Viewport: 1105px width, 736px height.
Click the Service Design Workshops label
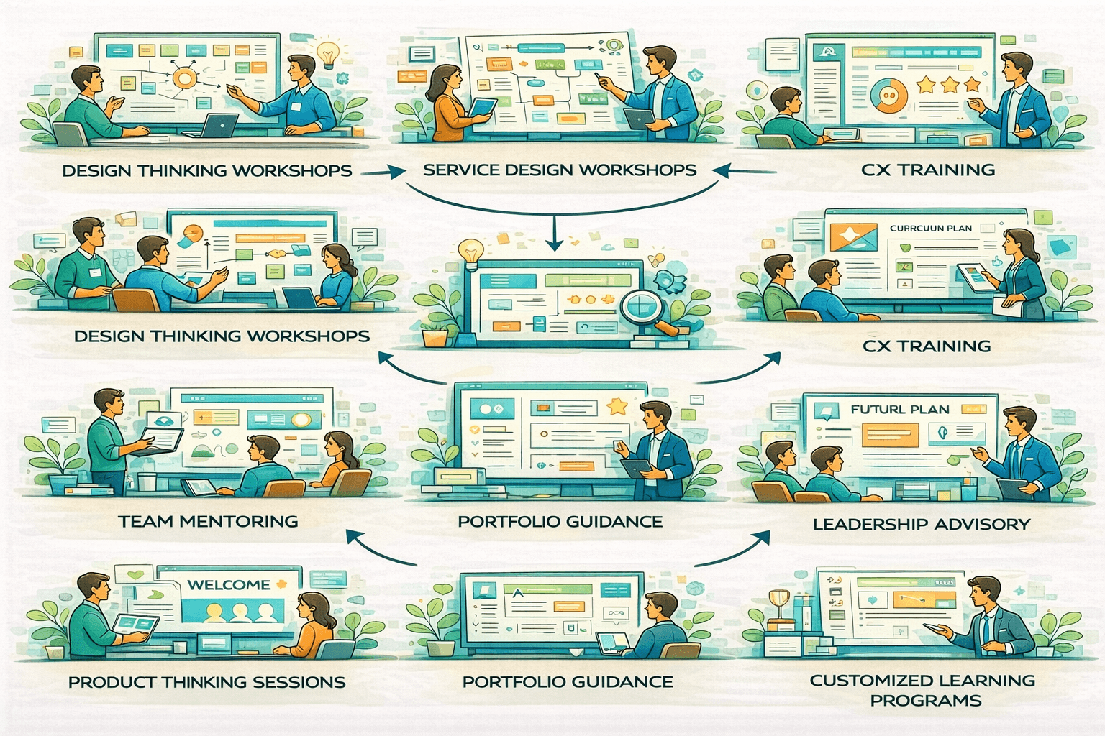(x=559, y=170)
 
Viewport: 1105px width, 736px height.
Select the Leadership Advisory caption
(x=921, y=524)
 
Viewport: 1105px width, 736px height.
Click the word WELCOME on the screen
(x=229, y=585)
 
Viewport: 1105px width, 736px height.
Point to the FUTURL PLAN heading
(x=899, y=409)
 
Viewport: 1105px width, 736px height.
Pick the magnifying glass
(x=642, y=308)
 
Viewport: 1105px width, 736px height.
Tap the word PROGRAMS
(x=925, y=701)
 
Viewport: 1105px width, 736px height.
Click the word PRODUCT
(x=112, y=682)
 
